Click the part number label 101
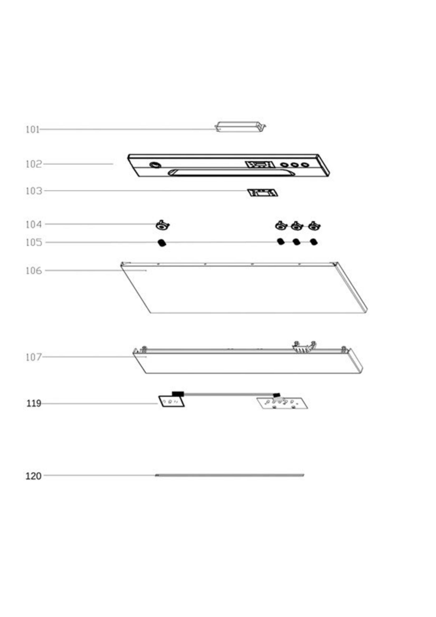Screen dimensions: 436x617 pyautogui.click(x=32, y=130)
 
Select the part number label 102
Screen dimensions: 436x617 pyautogui.click(x=34, y=164)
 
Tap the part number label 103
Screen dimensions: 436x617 pyautogui.click(x=34, y=191)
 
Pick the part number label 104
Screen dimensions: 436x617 pyautogui.click(x=34, y=224)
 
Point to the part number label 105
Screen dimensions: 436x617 pyautogui.click(x=34, y=242)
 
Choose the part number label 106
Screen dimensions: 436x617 pyautogui.click(x=34, y=271)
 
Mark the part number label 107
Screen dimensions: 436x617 pyautogui.click(x=34, y=357)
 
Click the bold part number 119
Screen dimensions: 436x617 pyautogui.click(x=34, y=404)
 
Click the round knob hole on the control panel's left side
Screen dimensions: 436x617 pyautogui.click(x=155, y=165)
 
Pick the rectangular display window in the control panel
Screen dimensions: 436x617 pyautogui.click(x=260, y=164)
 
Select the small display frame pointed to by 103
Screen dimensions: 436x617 pyautogui.click(x=262, y=192)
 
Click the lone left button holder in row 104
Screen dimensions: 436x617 pyautogui.click(x=162, y=225)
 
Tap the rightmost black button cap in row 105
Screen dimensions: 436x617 pyautogui.click(x=314, y=242)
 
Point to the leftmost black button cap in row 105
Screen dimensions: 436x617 pyautogui.click(x=162, y=243)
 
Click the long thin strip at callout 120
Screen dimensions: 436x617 pyautogui.click(x=230, y=475)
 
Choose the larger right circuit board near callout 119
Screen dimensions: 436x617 pyautogui.click(x=282, y=403)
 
